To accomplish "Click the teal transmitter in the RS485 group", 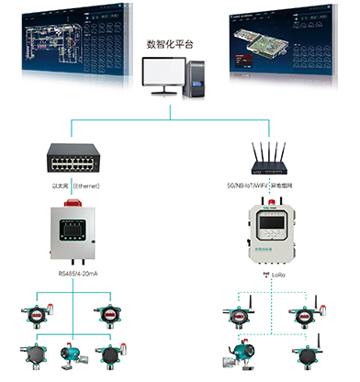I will point(69,354).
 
